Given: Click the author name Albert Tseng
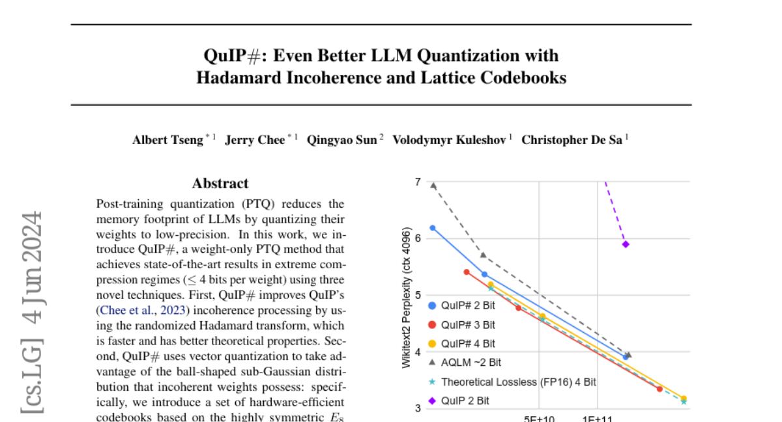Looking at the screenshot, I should pos(168,140).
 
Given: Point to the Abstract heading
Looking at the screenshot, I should pos(220,184).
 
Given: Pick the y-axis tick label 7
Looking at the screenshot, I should pos(417,182).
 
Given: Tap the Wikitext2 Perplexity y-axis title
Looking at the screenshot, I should pos(407,298).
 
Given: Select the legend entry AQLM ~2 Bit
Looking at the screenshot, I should pos(471,362).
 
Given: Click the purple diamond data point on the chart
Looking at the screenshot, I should pos(626,244).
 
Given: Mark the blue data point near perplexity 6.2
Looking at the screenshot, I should pos(432,228).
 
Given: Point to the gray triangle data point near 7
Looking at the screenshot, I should pos(433,186).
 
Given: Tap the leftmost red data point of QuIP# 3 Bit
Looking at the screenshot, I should pos(467,272).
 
